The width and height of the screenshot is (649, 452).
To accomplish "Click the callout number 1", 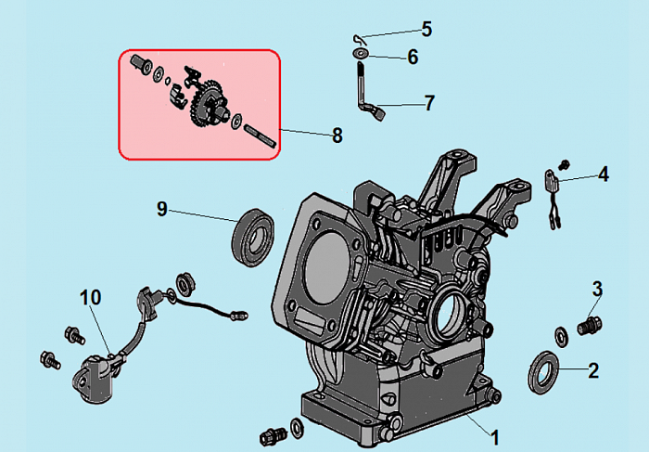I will coord(494,436).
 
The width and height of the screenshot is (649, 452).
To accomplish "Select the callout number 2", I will coord(593,370).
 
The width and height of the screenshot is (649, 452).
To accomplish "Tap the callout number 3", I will coord(597,289).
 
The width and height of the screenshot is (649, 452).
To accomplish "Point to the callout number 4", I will coord(603,174).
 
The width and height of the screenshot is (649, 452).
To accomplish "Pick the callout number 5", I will coord(426,29).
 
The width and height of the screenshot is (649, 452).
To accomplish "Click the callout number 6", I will coord(413,58).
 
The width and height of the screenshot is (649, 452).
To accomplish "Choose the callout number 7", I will coord(428,103).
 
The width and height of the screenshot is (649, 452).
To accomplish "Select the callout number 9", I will coord(162,209).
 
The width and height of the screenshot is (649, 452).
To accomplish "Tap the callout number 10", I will coord(90,298).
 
